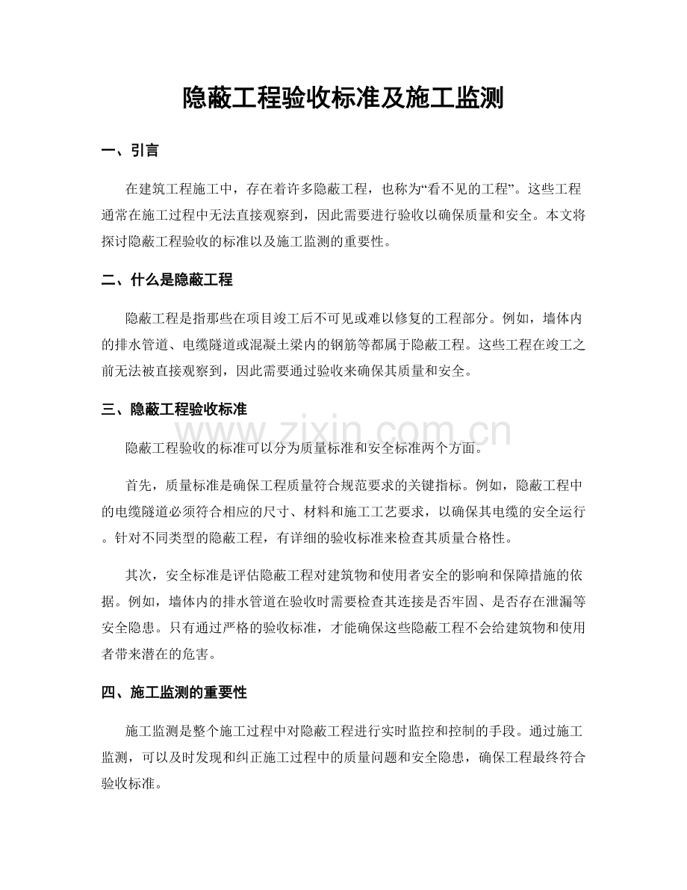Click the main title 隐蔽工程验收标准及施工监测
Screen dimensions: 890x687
point(343,99)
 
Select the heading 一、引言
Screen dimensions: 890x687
point(129,152)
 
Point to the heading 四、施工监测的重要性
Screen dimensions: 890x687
point(173,693)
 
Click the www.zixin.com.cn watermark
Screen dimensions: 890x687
point(343,433)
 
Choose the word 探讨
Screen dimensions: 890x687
point(114,241)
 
